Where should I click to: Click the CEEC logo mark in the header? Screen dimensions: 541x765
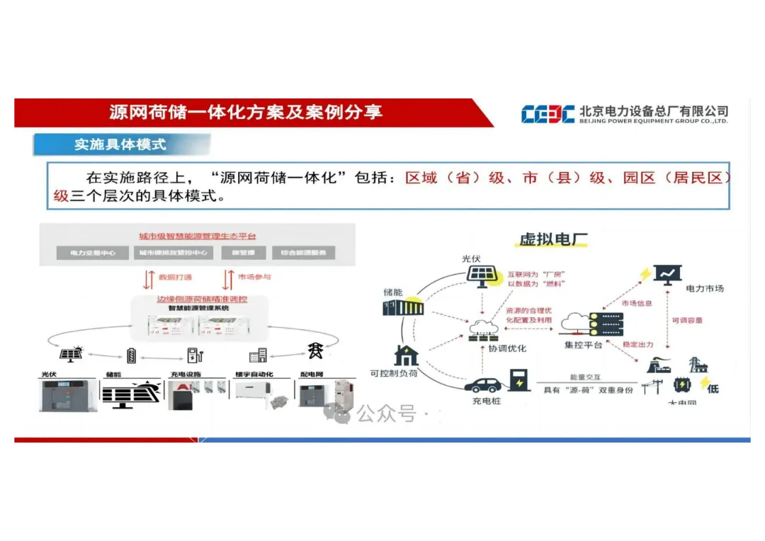point(548,114)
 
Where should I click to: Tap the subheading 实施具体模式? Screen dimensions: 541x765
point(120,144)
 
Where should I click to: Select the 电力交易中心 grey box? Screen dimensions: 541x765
point(93,253)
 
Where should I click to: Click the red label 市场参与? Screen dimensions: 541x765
point(254,277)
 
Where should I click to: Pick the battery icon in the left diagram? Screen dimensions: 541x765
point(131,354)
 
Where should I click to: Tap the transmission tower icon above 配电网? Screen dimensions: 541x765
point(314,351)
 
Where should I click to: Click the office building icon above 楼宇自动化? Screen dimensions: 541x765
point(258,355)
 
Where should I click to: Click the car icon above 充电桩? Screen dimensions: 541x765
point(484,384)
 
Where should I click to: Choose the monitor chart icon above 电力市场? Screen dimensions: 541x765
point(667,273)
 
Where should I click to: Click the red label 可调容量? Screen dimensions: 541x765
point(686,321)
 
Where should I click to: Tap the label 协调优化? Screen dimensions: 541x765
point(506,348)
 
